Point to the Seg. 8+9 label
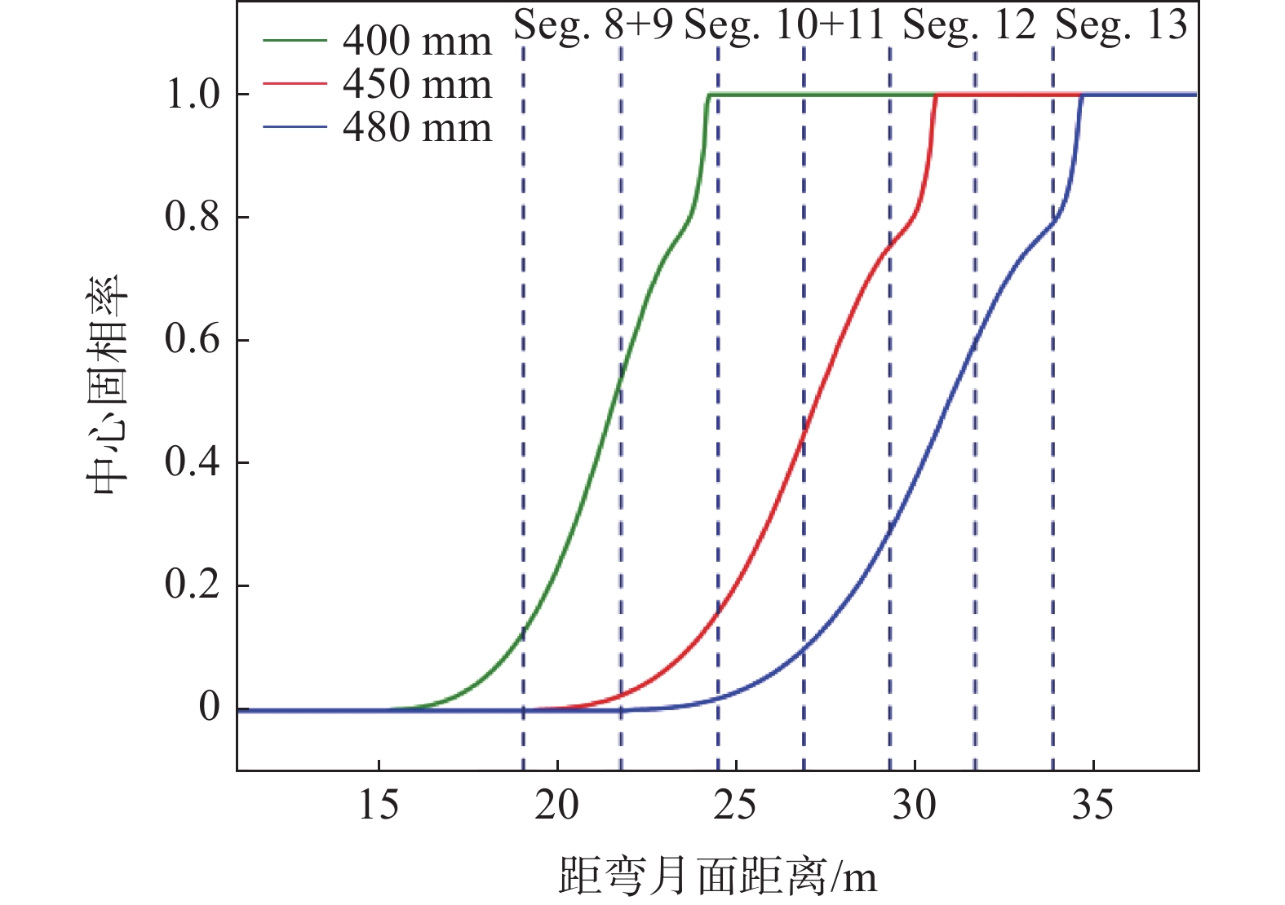coord(594,25)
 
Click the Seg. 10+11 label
coord(784,25)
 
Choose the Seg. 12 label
coord(968,25)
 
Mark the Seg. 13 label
coord(1121,25)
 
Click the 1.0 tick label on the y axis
coord(193,95)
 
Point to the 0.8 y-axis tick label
coord(193,217)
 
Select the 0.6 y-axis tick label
coord(193,339)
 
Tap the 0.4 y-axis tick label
coord(193,462)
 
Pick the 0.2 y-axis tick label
coord(193,585)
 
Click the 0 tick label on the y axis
coord(210,708)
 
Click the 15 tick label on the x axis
coord(379,806)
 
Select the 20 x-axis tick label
coord(557,806)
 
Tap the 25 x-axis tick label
coord(735,806)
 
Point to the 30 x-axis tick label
coord(914,806)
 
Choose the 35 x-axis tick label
coord(1092,806)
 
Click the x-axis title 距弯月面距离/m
coord(718,876)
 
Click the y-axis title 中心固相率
coord(108,385)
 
